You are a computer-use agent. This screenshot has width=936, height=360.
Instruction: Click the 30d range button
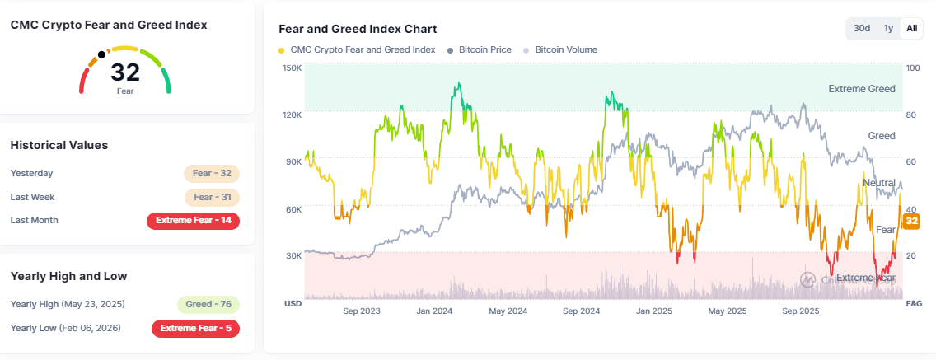[862, 28]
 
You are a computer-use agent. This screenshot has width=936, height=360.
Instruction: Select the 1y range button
[888, 28]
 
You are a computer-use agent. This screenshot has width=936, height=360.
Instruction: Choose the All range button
[911, 28]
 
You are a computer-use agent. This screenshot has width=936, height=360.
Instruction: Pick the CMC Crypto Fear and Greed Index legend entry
[358, 50]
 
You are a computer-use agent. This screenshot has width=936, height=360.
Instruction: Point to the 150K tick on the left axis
[292, 68]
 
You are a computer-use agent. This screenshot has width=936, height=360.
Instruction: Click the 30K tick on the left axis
[292, 256]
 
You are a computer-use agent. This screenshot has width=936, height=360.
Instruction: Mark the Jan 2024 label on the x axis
[434, 311]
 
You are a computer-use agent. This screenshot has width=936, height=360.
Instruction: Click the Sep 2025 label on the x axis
[800, 311]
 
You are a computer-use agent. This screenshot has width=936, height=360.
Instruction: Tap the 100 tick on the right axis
[912, 68]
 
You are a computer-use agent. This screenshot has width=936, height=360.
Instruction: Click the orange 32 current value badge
[912, 221]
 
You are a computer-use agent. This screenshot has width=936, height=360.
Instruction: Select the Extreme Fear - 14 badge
[193, 220]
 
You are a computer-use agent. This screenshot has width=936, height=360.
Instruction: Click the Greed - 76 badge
[208, 304]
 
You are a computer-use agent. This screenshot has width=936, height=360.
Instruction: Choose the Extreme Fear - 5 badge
[195, 328]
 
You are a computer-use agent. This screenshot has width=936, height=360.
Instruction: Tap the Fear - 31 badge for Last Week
[212, 197]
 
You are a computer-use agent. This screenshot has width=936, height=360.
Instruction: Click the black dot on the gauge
[101, 55]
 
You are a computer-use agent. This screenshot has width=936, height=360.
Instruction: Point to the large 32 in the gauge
[125, 72]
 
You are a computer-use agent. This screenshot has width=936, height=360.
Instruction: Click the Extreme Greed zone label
[861, 88]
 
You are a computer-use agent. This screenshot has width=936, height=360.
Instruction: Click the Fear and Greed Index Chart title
[358, 29]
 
